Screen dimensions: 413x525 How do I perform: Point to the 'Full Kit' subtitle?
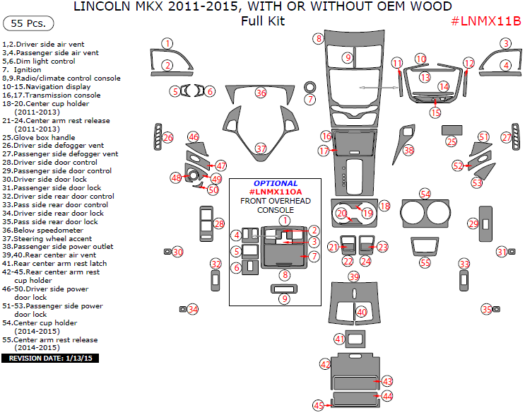click(262, 21)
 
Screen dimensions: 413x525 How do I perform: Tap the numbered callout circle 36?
click(261, 93)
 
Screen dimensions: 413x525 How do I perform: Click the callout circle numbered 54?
click(425, 194)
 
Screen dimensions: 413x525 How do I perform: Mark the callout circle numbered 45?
click(319, 405)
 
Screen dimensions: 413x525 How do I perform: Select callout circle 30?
click(177, 252)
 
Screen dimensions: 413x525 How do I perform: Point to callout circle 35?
click(486, 309)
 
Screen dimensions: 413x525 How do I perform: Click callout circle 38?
click(408, 150)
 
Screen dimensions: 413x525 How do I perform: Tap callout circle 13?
click(425, 76)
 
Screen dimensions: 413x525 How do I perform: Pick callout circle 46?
click(193, 136)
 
